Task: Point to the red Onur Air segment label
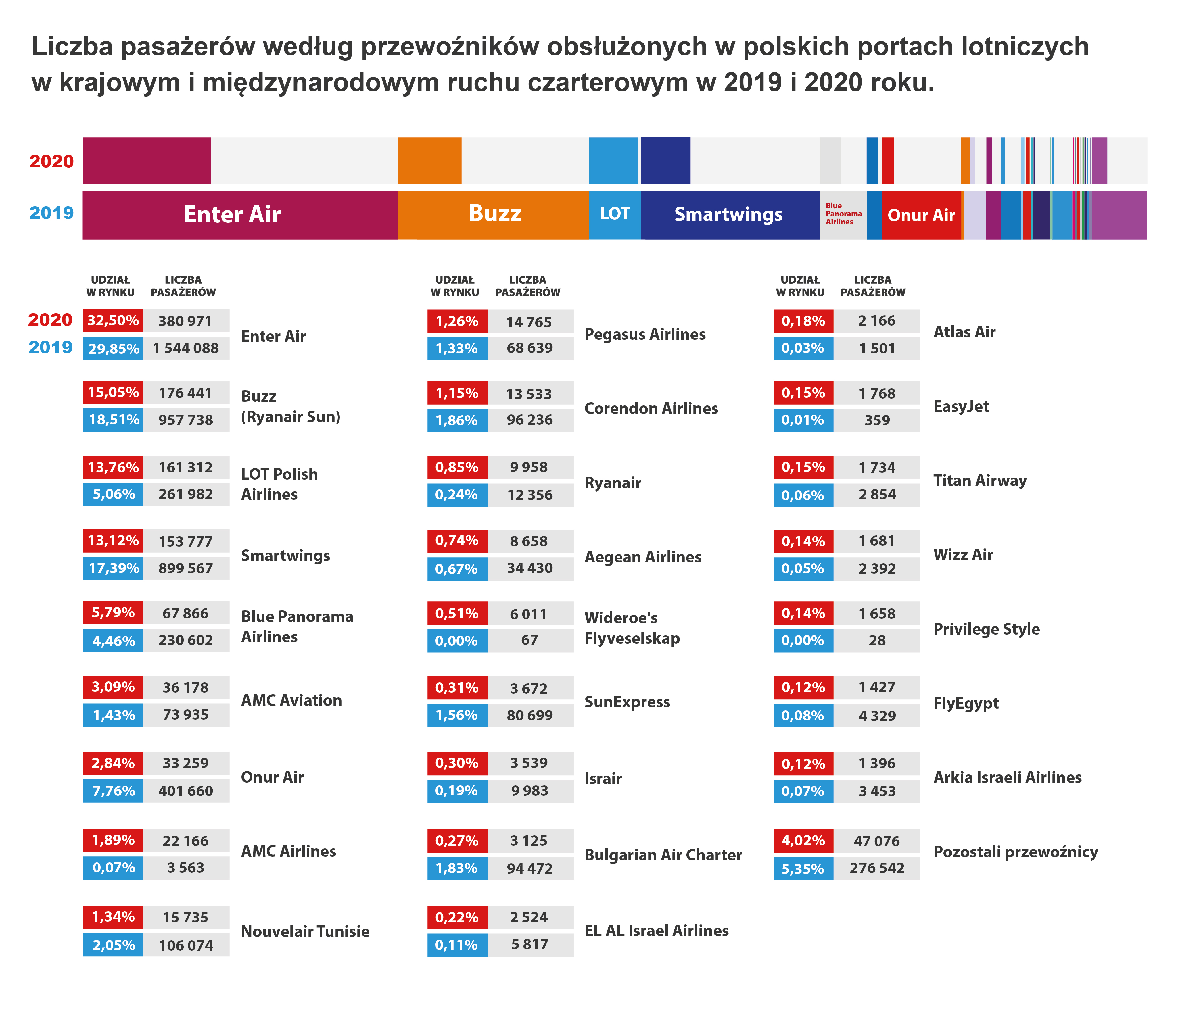coord(921,215)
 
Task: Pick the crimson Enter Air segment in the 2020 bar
coord(147,161)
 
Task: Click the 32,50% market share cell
coord(113,321)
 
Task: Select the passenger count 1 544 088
coord(186,348)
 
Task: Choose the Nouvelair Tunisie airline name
coord(305,931)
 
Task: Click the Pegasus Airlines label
coord(645,335)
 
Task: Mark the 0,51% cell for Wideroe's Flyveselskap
coord(457,614)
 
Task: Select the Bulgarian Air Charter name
coord(663,855)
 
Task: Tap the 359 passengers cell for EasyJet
coord(876,420)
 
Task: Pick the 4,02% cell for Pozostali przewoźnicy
coord(803,841)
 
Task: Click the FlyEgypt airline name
coord(966,704)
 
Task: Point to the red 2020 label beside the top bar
coord(51,161)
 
